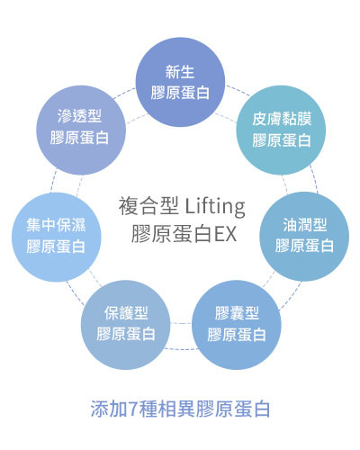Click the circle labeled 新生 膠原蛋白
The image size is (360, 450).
coord(180,82)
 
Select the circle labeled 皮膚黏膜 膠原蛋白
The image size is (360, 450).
coord(281,130)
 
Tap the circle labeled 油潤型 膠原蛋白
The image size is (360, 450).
coord(304,237)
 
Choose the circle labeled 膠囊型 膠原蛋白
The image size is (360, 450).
coord(237,325)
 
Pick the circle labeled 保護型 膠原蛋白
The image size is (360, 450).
coord(126,325)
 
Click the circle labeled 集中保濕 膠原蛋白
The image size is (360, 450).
coord(57,237)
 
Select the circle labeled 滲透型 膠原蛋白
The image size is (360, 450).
coord(81,130)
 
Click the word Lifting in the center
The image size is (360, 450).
coord(215,207)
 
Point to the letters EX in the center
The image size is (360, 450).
coord(225,234)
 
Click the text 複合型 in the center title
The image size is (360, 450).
coord(148,206)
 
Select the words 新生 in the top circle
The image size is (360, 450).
coord(180,72)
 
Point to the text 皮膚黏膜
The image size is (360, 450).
coord(282,119)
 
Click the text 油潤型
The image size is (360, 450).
coord(304,225)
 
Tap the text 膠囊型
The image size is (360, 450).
coord(237,313)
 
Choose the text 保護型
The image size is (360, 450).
coord(126,313)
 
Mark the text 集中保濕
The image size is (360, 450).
coord(56,225)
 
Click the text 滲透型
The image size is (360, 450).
coord(79,116)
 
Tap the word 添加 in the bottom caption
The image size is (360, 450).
coord(109,409)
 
